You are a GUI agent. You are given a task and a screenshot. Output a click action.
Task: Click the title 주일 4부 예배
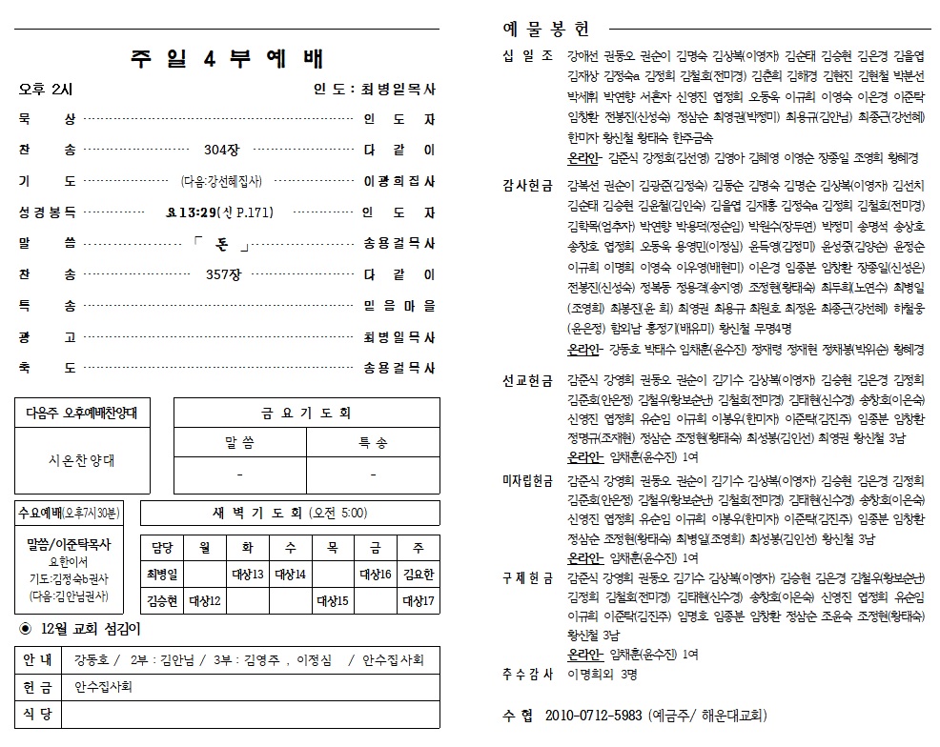pyautogui.click(x=227, y=57)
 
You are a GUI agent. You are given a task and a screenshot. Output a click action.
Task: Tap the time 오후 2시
pyautogui.click(x=46, y=90)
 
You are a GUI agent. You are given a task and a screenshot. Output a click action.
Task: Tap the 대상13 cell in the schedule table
pyautogui.click(x=248, y=575)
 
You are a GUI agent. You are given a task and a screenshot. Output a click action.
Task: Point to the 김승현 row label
pyautogui.click(x=163, y=601)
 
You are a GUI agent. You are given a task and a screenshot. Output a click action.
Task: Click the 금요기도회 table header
pyautogui.click(x=306, y=414)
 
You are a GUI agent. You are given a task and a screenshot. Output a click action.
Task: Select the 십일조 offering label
pyautogui.click(x=527, y=55)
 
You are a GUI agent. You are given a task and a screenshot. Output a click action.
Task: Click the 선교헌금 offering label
pyautogui.click(x=527, y=380)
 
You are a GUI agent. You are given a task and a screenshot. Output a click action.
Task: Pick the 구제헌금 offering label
pyautogui.click(x=527, y=578)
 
